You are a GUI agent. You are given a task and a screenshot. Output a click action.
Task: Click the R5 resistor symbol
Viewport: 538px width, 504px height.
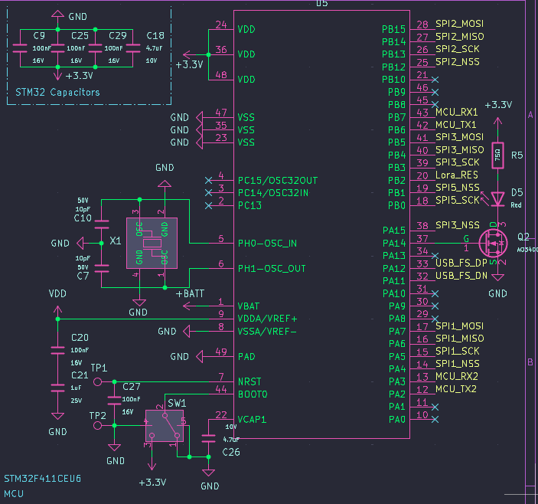click(x=497, y=155)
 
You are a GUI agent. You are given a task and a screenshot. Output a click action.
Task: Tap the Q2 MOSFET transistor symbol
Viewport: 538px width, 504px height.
click(x=494, y=244)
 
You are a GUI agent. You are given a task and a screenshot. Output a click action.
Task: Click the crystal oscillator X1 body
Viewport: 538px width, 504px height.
click(x=152, y=243)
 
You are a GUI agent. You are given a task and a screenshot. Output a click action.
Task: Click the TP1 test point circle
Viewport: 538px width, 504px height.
click(x=97, y=381)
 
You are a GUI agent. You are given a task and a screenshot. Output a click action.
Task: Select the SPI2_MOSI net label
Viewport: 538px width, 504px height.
click(x=459, y=24)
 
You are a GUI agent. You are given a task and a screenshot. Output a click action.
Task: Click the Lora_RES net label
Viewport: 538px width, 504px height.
click(x=456, y=175)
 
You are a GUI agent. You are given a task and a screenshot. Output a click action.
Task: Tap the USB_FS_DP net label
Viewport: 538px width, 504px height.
click(x=461, y=263)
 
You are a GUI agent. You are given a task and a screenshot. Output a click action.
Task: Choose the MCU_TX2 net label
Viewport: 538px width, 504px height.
click(x=456, y=389)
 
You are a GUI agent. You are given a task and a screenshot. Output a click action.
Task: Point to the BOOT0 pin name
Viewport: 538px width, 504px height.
click(x=253, y=394)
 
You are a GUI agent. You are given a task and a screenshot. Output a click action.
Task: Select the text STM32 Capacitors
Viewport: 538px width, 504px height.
click(x=57, y=92)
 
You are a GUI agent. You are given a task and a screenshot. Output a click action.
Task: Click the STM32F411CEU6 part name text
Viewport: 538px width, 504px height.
click(x=43, y=478)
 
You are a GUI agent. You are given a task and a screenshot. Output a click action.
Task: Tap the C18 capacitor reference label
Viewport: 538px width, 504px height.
click(x=155, y=36)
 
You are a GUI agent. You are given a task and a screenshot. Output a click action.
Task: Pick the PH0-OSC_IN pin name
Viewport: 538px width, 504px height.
click(x=268, y=243)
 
